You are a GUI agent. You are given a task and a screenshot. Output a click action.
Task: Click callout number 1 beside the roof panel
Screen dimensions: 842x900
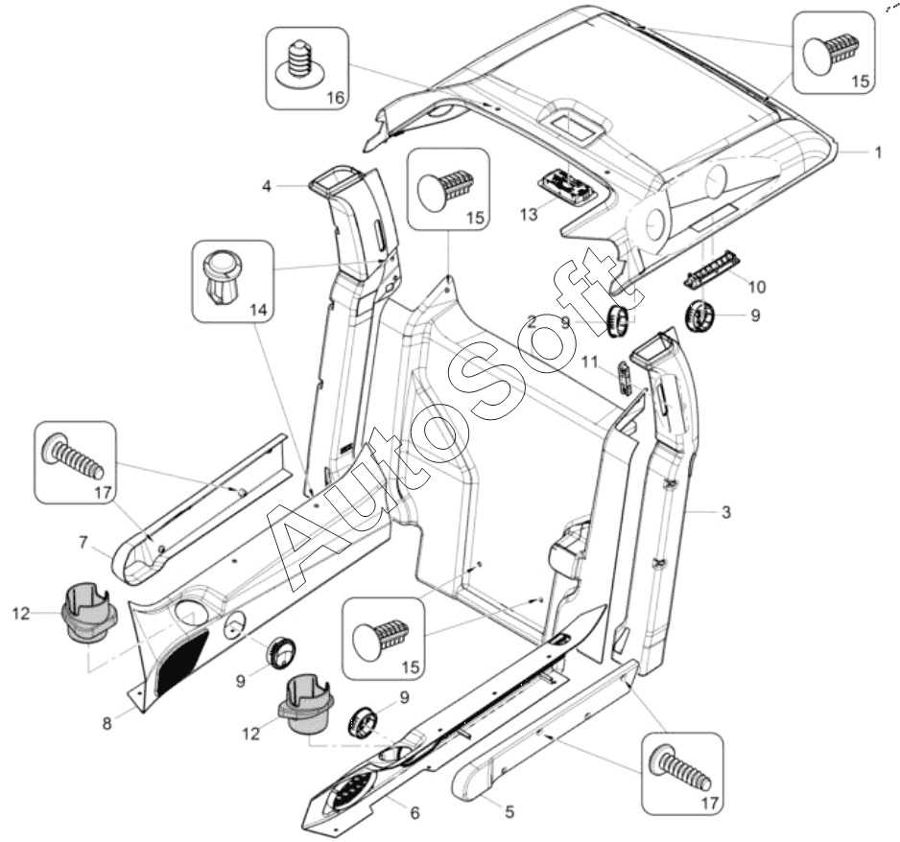(x=876, y=152)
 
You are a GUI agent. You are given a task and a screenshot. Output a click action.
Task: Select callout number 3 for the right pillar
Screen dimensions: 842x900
(x=726, y=513)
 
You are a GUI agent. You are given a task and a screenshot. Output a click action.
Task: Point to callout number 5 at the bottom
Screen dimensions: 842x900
(x=509, y=810)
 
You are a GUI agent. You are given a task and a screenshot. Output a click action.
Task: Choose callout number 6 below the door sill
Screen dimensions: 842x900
(x=414, y=812)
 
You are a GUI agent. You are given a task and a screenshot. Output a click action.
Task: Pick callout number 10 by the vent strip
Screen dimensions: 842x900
(x=757, y=287)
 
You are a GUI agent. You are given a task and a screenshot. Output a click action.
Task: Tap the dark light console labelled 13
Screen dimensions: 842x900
(x=569, y=183)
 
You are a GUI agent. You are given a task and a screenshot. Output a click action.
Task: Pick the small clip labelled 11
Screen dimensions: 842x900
(x=624, y=377)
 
